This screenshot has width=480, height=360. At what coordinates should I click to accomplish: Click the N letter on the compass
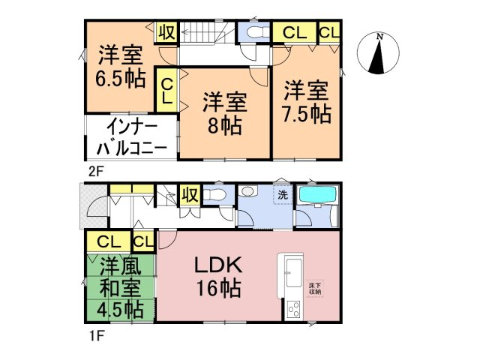pyautogui.click(x=380, y=37)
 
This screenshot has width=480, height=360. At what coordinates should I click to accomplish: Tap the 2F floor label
pyautogui.click(x=94, y=169)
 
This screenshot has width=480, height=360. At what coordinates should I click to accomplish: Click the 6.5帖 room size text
pyautogui.click(x=120, y=78)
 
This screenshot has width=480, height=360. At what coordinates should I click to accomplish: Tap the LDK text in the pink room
pyautogui.click(x=217, y=265)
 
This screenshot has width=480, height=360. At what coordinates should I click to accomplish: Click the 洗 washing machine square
pyautogui.click(x=282, y=194)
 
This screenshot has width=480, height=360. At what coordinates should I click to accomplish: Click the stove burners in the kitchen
pyautogui.click(x=292, y=309)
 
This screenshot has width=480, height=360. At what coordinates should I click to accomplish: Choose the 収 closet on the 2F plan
pyautogui.click(x=166, y=31)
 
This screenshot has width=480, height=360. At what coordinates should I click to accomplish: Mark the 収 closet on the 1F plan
pyautogui.click(x=189, y=195)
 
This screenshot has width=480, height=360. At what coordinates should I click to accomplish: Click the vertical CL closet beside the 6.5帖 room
pyautogui.click(x=166, y=91)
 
